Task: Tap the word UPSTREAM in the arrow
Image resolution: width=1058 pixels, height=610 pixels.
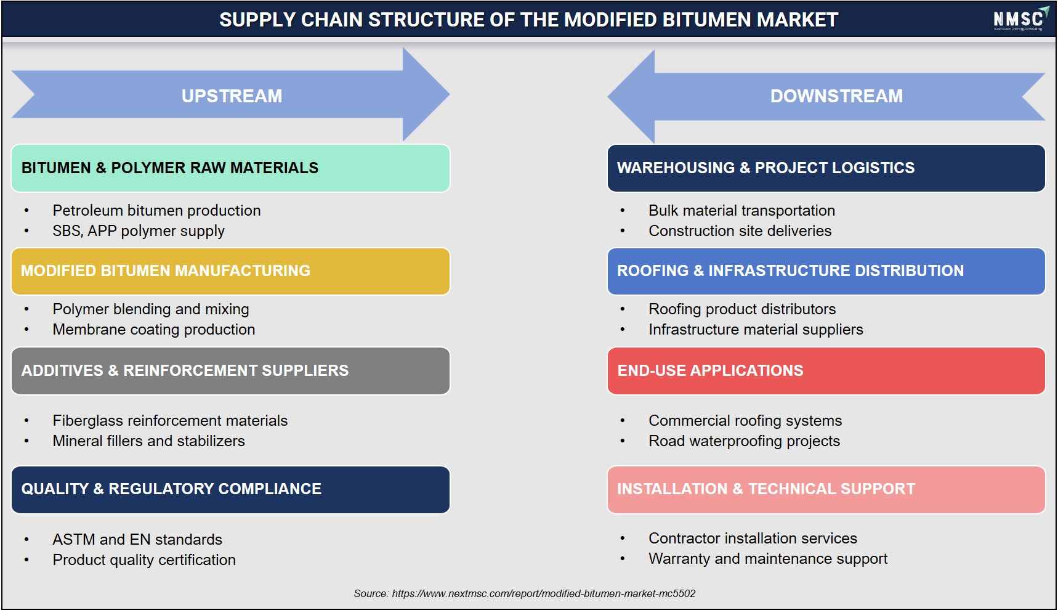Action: [232, 96]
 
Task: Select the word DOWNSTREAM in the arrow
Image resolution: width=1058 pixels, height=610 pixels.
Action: [836, 96]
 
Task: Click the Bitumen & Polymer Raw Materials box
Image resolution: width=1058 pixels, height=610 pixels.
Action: [230, 168]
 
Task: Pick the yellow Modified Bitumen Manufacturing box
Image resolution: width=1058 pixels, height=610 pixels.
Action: [230, 271]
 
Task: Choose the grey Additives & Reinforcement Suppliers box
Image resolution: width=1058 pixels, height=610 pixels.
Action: [230, 371]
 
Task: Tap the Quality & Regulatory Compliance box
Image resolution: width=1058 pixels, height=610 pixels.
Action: [230, 489]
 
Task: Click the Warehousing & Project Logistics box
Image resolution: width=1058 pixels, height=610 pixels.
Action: [826, 168]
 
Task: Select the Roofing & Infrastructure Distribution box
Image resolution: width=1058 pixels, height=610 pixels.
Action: [826, 271]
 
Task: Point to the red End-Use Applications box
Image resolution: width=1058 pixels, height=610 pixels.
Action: [826, 371]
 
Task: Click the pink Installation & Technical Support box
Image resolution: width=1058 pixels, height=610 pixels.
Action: [826, 489]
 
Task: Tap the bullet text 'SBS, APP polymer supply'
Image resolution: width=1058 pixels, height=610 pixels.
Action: [139, 231]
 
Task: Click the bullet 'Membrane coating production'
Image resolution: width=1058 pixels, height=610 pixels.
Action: [154, 330]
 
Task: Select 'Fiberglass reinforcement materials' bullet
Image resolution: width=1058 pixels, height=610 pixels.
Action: [170, 421]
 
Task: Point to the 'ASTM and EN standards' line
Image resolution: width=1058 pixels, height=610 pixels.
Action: [137, 540]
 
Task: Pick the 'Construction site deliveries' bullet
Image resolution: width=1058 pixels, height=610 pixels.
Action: [740, 231]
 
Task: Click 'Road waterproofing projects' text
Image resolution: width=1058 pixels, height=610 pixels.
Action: [744, 441]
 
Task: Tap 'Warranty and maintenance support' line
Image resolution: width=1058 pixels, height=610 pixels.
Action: [768, 559]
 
